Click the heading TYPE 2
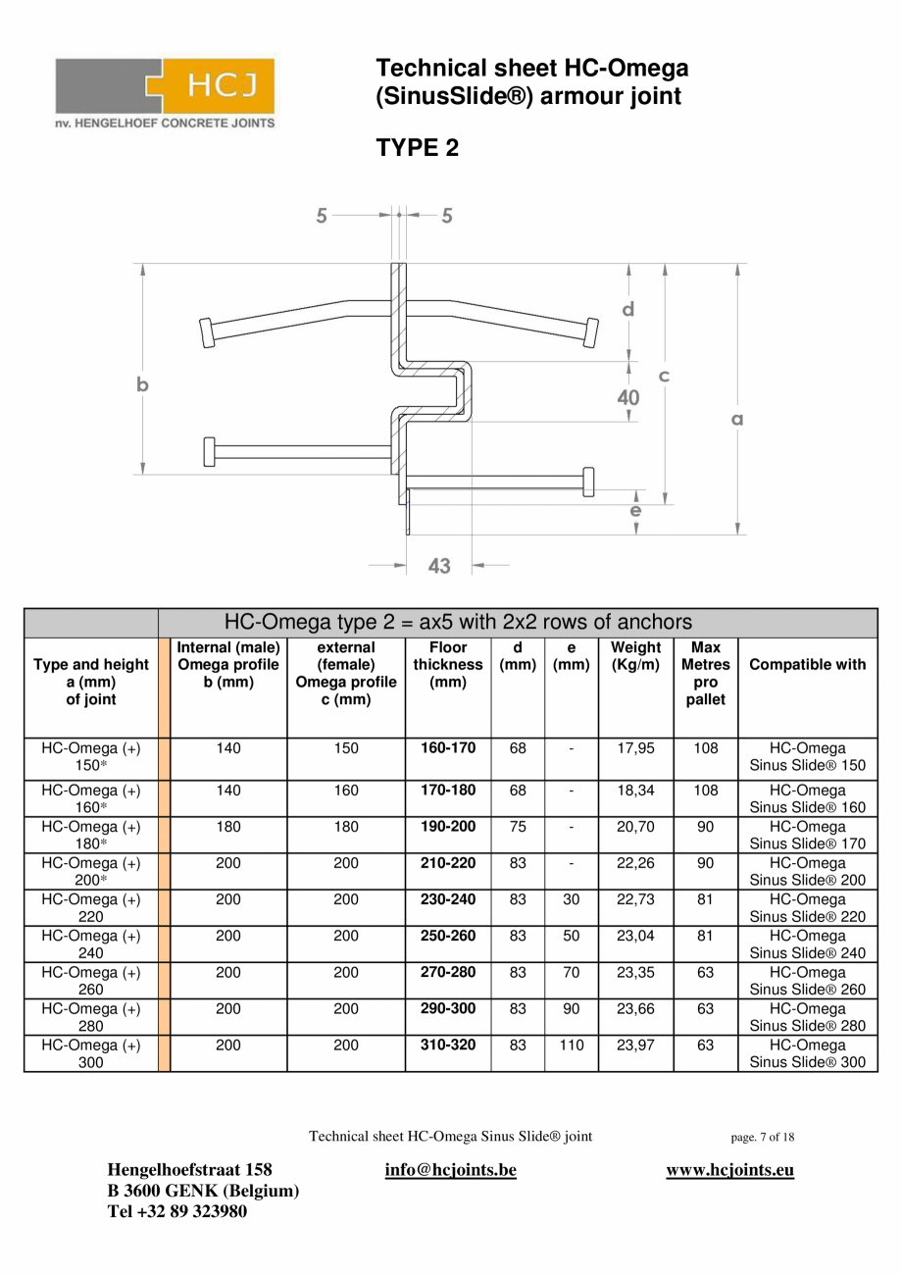coord(417,148)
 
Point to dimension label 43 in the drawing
coord(439,566)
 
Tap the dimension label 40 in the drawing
coord(627,397)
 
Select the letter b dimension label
coord(143,385)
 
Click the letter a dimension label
coord(737,419)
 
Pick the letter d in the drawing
coord(627,309)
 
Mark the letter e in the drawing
coord(635,510)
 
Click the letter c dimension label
coord(664,376)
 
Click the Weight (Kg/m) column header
coord(635,655)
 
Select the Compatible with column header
coord(807,664)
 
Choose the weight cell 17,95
coord(635,748)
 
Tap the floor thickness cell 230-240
coord(448,899)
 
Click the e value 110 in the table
coord(571,1045)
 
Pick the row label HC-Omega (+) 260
coord(90,981)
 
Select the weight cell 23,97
coord(635,1045)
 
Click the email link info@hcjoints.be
coord(450,1170)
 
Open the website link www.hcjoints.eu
coord(729,1170)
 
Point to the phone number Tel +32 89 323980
coord(177,1211)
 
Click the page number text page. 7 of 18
coord(763,1138)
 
